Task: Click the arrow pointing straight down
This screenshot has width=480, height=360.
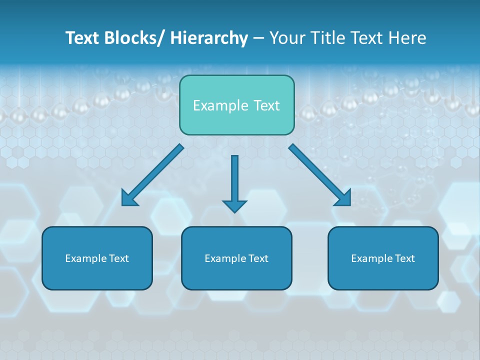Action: tap(234, 182)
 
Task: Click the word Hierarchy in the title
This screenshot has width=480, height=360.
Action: tap(209, 38)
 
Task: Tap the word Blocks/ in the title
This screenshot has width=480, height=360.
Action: tap(134, 38)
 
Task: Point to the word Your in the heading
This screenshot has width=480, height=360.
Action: tap(286, 38)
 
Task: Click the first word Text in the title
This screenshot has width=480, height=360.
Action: tap(83, 38)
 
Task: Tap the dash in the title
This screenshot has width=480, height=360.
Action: tap(258, 38)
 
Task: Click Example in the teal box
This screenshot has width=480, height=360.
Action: tap(220, 105)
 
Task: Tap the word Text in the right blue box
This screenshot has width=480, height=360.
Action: tap(405, 258)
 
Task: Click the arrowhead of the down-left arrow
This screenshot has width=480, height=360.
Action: tap(129, 198)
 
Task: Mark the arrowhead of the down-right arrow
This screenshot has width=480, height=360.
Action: tap(343, 198)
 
